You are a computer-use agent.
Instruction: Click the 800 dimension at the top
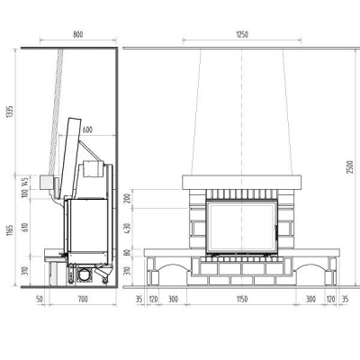(78, 34)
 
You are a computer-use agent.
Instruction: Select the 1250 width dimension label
(242, 34)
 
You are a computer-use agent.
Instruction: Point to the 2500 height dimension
(350, 167)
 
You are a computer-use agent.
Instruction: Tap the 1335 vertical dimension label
(11, 112)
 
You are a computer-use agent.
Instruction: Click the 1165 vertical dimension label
(11, 230)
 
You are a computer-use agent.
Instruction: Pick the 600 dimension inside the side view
(87, 130)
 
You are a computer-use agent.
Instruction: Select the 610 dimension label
(25, 228)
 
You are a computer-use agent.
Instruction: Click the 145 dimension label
(25, 182)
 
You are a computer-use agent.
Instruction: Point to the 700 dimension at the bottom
(83, 299)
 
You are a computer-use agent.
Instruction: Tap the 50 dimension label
(40, 299)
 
